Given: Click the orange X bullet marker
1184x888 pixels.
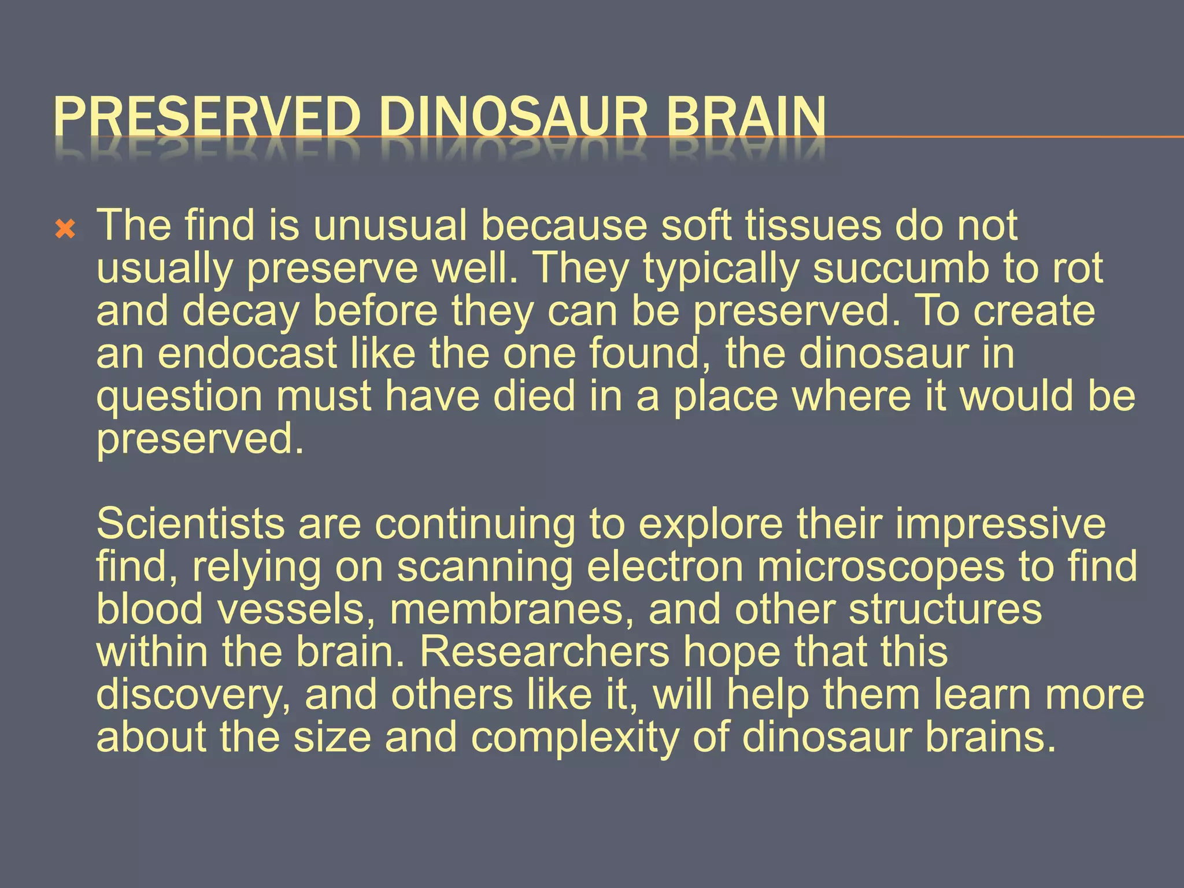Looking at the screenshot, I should pyautogui.click(x=65, y=231).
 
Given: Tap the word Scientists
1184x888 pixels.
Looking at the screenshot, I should pyautogui.click(x=190, y=524).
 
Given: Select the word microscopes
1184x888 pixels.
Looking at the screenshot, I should pyautogui.click(x=881, y=567).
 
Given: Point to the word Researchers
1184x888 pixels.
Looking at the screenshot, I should pyautogui.click(x=544, y=652).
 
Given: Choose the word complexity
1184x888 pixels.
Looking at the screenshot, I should pyautogui.click(x=575, y=738).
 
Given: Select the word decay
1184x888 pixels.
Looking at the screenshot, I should pyautogui.click(x=241, y=312).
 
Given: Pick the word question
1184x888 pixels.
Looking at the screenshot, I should pyautogui.click(x=179, y=397).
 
